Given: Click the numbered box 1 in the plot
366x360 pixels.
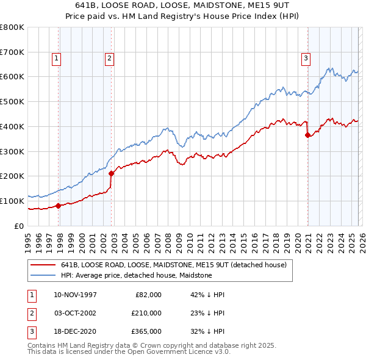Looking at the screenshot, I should coord(56,59).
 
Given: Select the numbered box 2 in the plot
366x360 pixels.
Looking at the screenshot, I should coord(109,59).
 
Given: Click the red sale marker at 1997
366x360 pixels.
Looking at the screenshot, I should coord(59,206).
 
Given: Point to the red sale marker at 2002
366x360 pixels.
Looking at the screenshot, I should coord(111,173).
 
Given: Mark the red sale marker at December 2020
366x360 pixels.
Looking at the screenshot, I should coord(307,135).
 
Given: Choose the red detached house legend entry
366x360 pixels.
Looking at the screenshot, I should coord(178,265).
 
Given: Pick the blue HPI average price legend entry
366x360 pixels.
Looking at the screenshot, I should coord(136,276).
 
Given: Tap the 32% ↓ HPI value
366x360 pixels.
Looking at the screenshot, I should coord(207,332).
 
